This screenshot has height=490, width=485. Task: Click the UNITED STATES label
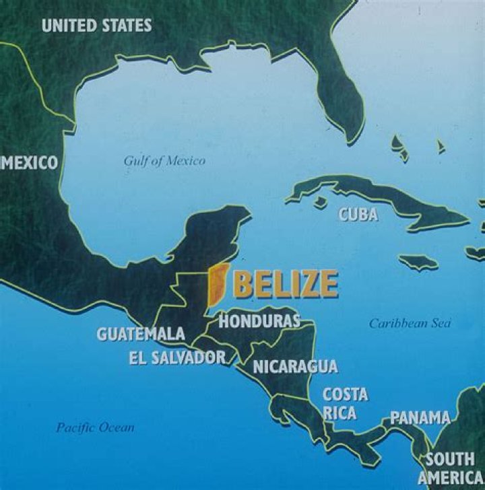pos(96,26)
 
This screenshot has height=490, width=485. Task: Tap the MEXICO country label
pos(29,162)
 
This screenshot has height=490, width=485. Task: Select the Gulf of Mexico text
pos(164,161)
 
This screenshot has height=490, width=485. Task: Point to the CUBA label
pos(357,215)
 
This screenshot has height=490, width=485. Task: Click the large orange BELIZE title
pos(285,283)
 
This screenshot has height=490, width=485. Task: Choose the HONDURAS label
pos(259,320)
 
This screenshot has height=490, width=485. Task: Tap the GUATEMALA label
pos(141,333)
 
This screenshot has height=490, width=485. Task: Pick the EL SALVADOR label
pos(176,357)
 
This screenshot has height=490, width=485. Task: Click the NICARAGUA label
pos(295,367)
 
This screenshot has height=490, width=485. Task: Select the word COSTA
pos(345,394)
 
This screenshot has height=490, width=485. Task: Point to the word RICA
pos(340,413)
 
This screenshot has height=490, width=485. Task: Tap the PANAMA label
pos(420,418)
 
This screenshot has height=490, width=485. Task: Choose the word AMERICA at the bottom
pos(450,477)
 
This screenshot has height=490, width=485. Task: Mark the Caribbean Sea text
pos(409,323)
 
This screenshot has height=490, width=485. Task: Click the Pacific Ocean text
pos(95,427)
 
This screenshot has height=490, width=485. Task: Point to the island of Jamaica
pos(418,261)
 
